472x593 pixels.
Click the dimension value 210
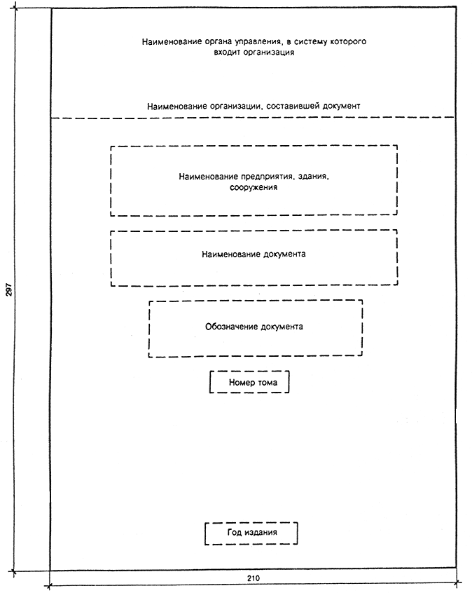(253, 578)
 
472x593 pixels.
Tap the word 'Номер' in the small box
(242, 383)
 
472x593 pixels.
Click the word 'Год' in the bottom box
(234, 533)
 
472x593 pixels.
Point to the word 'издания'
(261, 533)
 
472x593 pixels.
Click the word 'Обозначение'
(230, 327)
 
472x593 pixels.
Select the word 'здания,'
(314, 177)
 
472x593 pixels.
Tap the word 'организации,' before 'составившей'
(236, 106)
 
